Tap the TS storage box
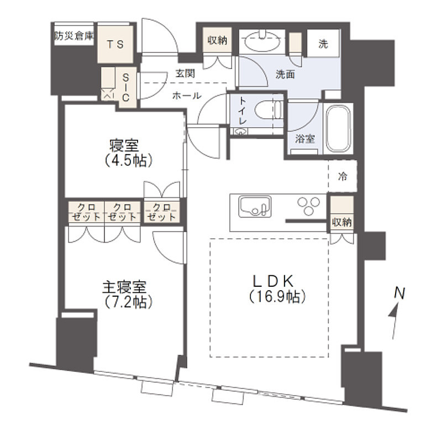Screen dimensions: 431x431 point(115,44)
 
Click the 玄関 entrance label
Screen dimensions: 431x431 point(185,72)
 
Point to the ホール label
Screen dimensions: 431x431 point(187,96)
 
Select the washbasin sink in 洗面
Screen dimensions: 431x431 point(262,42)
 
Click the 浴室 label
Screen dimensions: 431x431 point(305,140)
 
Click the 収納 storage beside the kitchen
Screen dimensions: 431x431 point(343,215)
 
